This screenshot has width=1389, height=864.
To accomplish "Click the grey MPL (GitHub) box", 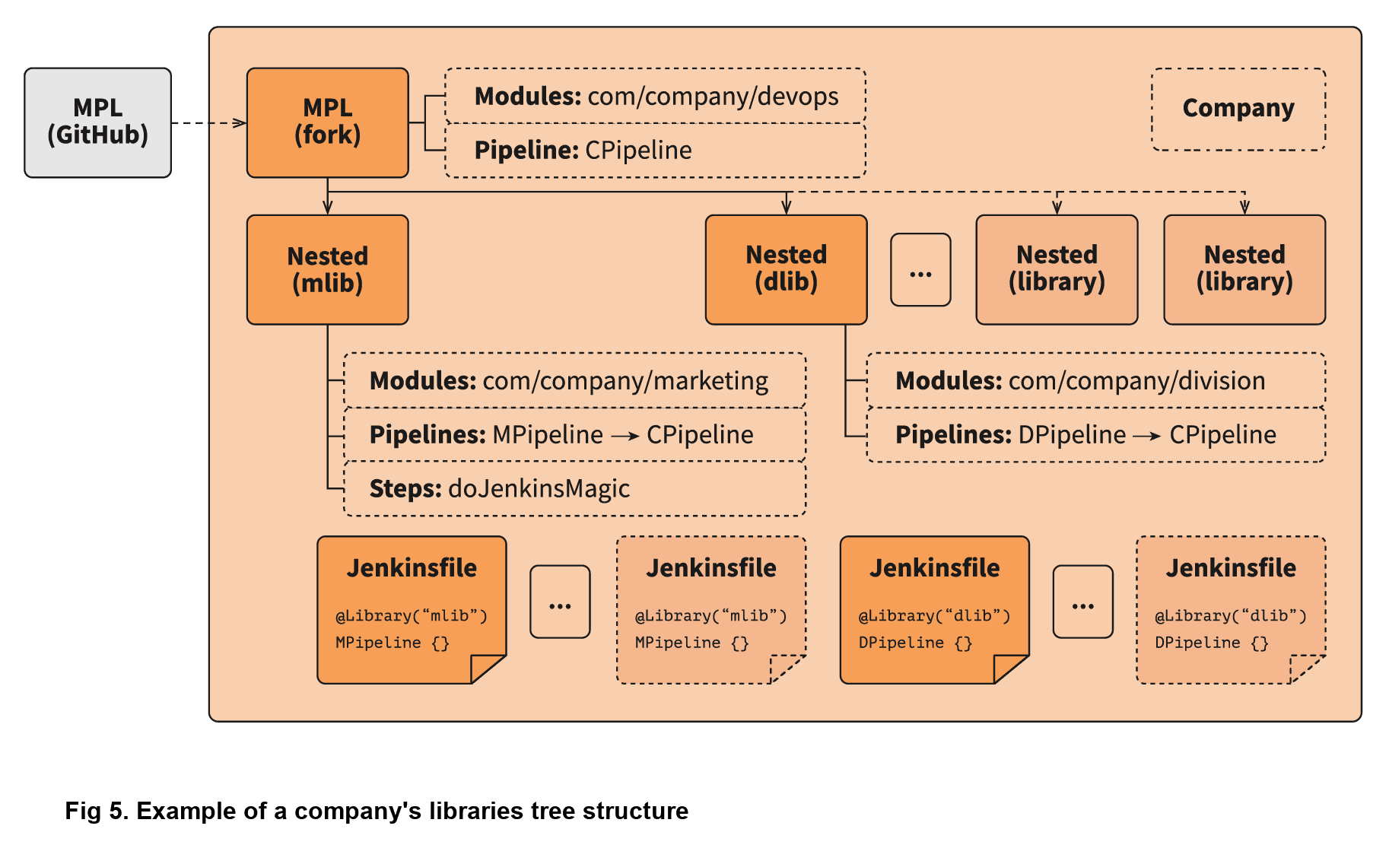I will coord(97,122).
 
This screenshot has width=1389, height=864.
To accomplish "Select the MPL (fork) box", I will coord(327,122).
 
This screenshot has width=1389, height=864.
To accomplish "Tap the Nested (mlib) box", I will coord(327,270).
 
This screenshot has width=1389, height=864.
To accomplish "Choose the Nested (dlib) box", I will coord(786,269).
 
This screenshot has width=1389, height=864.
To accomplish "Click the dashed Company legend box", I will coord(1238,109).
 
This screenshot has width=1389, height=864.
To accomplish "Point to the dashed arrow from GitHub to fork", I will coord(207,122).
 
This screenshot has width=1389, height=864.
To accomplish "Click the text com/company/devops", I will coord(713,97).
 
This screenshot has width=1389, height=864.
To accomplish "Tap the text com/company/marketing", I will coord(625,380).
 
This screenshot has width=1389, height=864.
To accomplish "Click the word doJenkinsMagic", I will coord(539,488).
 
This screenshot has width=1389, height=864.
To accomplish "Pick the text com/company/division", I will coord(1136,380).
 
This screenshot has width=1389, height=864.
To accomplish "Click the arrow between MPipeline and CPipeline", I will coord(625,436).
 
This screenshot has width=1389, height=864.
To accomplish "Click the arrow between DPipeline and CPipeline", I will coord(1147,436).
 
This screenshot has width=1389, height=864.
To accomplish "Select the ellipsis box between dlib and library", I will coord(920,270).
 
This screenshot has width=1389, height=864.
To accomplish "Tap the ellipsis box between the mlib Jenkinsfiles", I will coord(560,602).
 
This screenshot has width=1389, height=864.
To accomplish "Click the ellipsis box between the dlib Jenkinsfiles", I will coord(1082,602).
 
